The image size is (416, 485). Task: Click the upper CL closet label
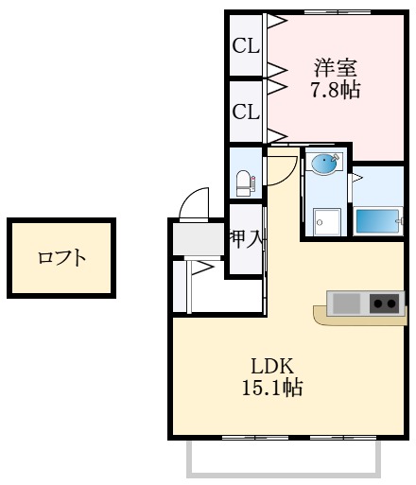click(x=246, y=45)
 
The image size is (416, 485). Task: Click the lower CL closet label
click(x=246, y=112)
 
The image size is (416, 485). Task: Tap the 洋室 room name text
click(x=336, y=68)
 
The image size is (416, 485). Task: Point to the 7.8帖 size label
click(x=336, y=91)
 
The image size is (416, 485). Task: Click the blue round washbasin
click(x=324, y=164)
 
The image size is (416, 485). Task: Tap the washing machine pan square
click(x=327, y=220)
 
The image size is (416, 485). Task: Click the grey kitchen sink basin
click(x=346, y=303)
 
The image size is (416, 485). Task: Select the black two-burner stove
click(x=384, y=303)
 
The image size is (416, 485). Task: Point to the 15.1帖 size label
click(x=273, y=388)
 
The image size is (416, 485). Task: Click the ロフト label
click(x=61, y=257)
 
